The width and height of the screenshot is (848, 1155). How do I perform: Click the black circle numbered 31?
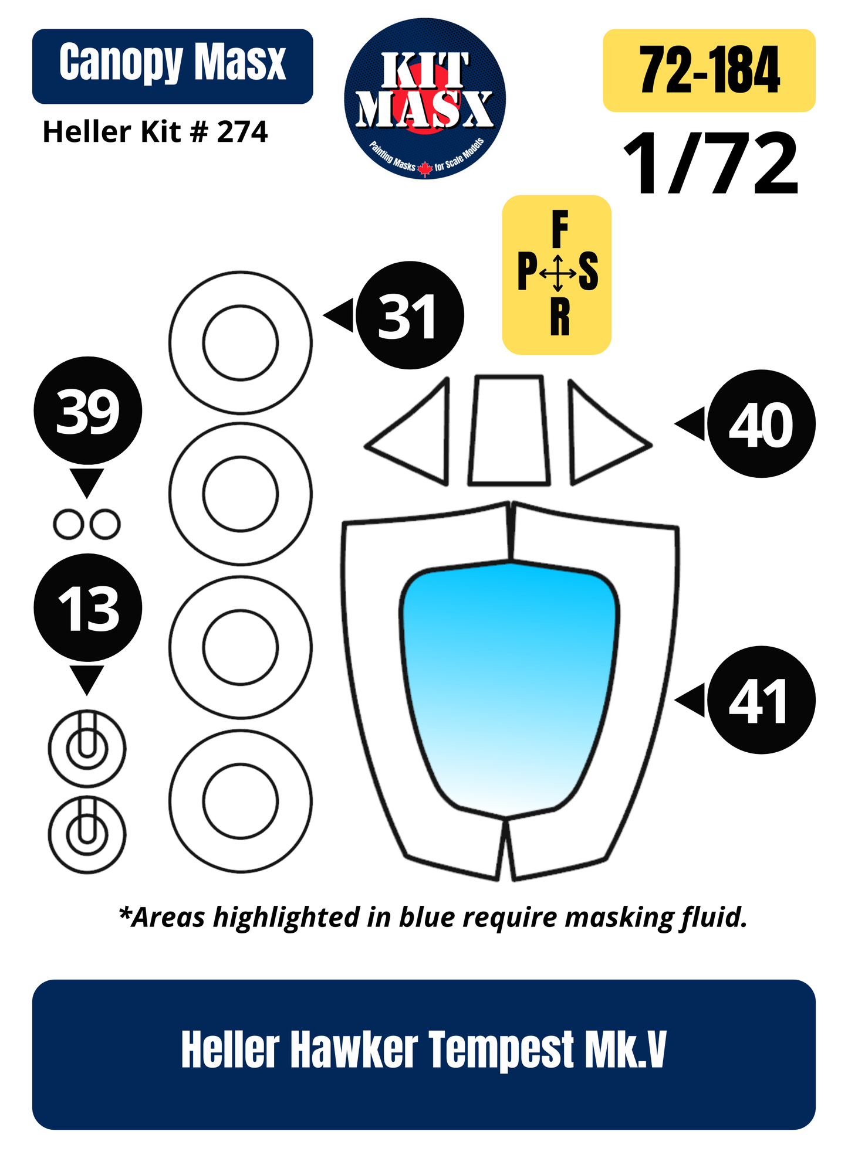point(410,315)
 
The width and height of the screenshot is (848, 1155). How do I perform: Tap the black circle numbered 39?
point(87,410)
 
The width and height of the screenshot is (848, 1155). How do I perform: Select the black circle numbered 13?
point(87,608)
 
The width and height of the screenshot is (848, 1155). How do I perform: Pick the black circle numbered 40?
point(761,424)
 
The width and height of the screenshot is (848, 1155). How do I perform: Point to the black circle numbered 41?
point(761,700)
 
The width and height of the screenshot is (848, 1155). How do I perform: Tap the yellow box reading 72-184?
point(709,70)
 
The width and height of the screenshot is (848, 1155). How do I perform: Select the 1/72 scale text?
point(711,164)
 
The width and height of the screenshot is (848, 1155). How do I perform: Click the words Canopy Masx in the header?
point(173,63)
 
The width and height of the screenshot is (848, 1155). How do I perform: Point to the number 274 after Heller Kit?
point(242,132)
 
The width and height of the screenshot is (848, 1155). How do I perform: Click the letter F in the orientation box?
point(560,230)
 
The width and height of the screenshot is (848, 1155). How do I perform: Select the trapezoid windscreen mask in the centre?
point(509,430)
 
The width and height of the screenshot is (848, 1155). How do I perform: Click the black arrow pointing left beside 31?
point(339,315)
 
